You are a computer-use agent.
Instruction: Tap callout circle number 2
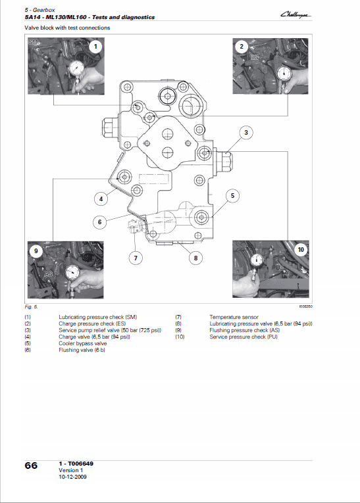point(242,47)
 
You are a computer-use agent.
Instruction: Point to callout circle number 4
point(101,199)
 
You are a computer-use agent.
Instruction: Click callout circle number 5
point(232,195)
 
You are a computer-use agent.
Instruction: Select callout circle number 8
point(195,258)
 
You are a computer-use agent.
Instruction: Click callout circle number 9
point(36,250)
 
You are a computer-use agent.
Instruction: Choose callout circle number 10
point(301,249)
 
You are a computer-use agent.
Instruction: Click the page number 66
point(31,466)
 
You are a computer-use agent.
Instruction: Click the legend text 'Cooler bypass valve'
point(82,343)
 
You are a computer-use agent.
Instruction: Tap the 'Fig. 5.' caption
point(32,307)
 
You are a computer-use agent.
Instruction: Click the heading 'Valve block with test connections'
point(67,28)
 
